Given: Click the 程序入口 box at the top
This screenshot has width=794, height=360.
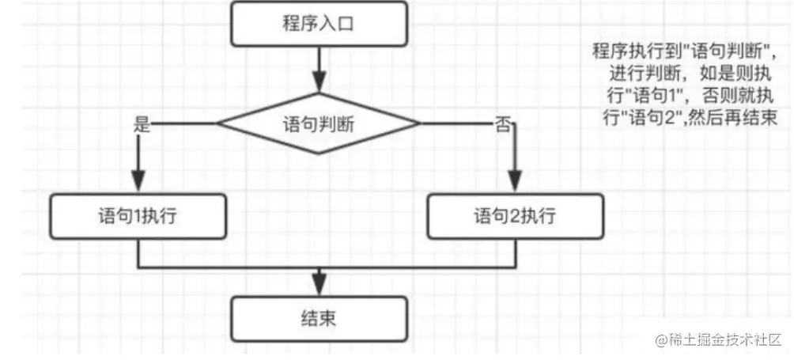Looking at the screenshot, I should (x=319, y=25).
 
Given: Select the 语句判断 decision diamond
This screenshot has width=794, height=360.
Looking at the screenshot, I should (x=319, y=123).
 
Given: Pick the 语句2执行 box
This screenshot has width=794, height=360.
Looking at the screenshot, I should (x=515, y=215).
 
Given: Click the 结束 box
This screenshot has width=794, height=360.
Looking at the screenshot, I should (x=319, y=319).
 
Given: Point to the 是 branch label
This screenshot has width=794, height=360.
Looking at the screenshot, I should (x=142, y=124).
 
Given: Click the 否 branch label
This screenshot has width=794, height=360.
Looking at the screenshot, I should (x=502, y=124).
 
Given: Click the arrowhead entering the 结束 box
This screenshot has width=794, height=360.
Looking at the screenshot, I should (x=319, y=285).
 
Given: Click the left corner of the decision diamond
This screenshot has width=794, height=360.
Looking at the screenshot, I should (x=219, y=123).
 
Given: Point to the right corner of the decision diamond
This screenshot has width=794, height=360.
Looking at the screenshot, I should (x=419, y=123).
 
